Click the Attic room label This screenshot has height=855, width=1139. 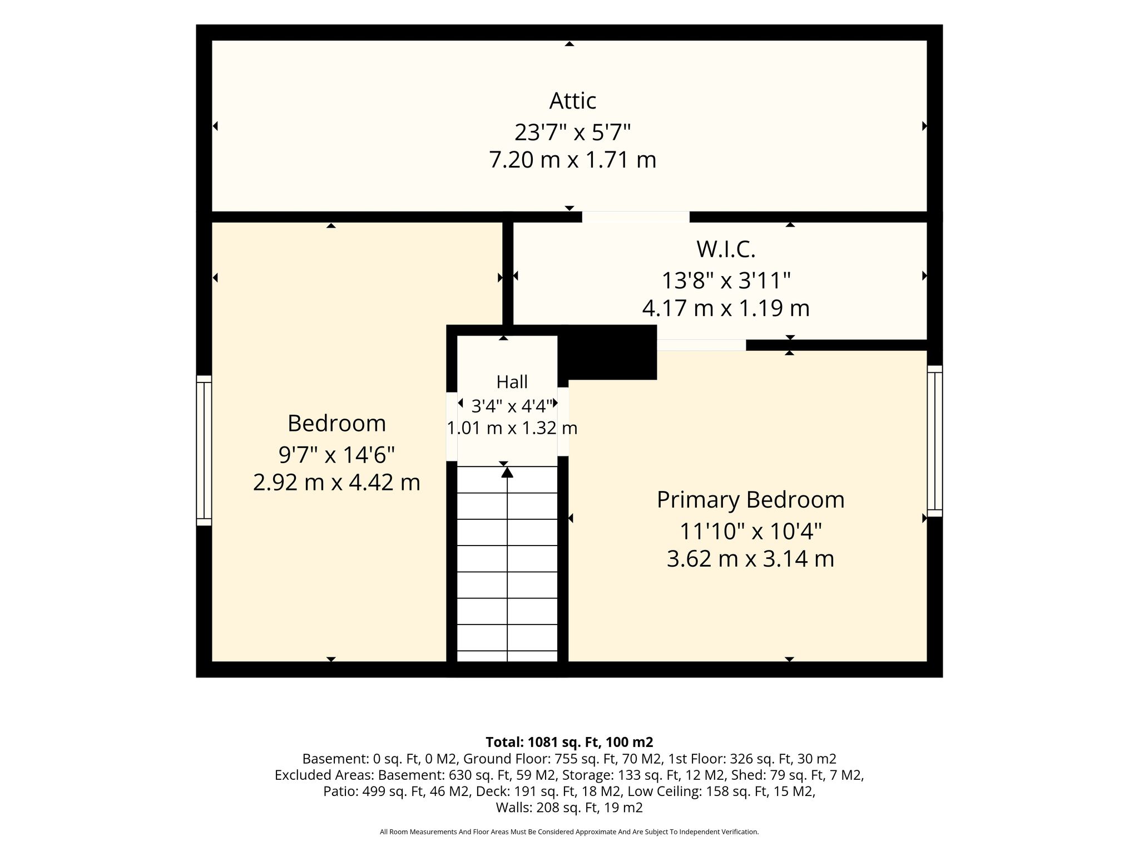coord(573,101)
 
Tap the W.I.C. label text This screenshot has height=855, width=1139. coord(726,249)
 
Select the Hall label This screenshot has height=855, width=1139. coord(512,382)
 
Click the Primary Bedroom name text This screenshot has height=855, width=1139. coord(750,500)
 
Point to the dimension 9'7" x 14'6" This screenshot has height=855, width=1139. coord(336,455)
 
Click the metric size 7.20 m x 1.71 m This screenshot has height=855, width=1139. coord(573,160)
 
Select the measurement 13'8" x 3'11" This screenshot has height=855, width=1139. coord(726,281)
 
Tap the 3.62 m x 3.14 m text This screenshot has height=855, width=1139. coord(750,559)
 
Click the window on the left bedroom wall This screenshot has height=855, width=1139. coord(204,450)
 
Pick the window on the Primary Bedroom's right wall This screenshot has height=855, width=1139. coord(935,441)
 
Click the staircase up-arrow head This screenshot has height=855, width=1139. coord(507,472)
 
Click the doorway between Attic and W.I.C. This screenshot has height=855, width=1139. coord(636,217)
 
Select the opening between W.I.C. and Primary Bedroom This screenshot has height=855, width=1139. coord(701,345)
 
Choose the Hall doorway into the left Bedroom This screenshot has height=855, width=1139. coord(452,427)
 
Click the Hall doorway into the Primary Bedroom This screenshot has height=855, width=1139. coord(563,421)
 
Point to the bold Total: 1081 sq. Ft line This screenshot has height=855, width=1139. coord(569,742)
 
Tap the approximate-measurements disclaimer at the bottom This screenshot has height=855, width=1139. coord(569,832)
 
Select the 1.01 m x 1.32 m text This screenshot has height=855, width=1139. coord(512,428)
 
